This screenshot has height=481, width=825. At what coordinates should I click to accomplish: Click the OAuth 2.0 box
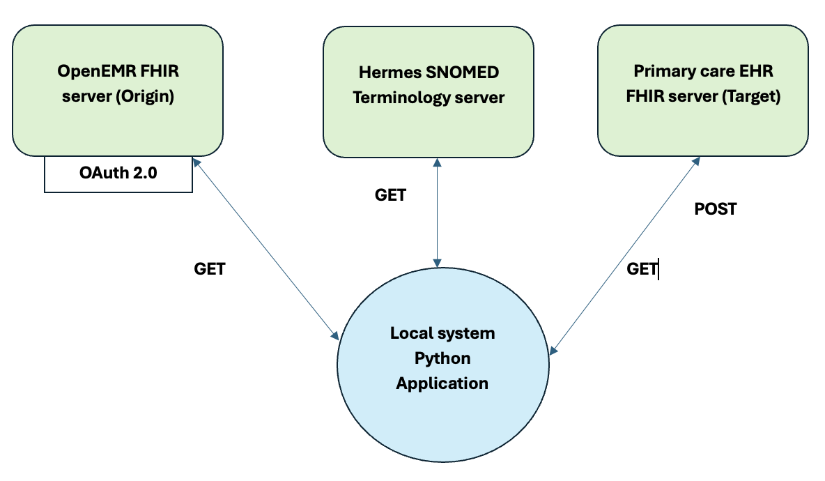click(x=118, y=173)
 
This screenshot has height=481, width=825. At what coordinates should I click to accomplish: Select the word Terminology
click(x=392, y=98)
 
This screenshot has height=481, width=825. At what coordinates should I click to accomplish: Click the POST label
click(x=716, y=209)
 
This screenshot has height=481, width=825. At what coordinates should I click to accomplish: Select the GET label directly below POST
click(x=642, y=269)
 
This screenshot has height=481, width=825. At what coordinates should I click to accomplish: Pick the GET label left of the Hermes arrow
click(x=390, y=195)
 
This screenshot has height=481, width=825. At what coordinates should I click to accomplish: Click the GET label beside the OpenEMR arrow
click(x=209, y=269)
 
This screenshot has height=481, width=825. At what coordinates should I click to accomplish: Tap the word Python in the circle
click(x=442, y=358)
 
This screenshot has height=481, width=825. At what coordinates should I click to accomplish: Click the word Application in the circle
click(x=442, y=383)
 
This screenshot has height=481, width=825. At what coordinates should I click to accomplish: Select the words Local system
click(x=442, y=333)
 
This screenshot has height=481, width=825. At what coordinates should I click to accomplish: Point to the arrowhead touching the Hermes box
click(x=437, y=162)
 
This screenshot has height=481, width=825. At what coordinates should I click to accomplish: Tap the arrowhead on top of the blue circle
click(x=437, y=263)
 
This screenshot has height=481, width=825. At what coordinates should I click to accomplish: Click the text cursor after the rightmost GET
click(x=658, y=269)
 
